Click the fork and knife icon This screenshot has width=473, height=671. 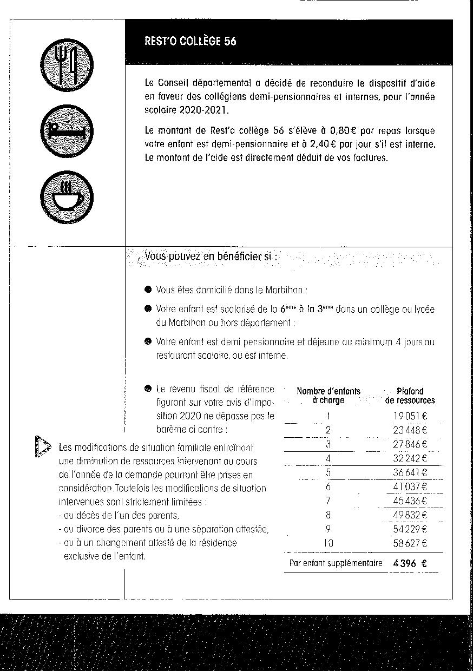pyautogui.click(x=67, y=64)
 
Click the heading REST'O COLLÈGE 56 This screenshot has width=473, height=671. pyautogui.click(x=190, y=41)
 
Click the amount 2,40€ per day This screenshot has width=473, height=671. pyautogui.click(x=324, y=145)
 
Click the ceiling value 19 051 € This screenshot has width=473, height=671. pyautogui.click(x=410, y=416)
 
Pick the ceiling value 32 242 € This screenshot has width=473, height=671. pyautogui.click(x=410, y=458)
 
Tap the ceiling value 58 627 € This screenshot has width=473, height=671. pyautogui.click(x=410, y=543)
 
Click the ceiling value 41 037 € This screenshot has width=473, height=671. pyautogui.click(x=410, y=486)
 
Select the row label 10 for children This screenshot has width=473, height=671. pyautogui.click(x=329, y=543)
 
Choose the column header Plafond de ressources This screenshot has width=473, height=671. pyautogui.click(x=410, y=396)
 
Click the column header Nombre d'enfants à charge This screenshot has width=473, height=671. pyautogui.click(x=329, y=396)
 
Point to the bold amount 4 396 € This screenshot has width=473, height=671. pyautogui.click(x=410, y=563)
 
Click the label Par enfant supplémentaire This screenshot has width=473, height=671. pyautogui.click(x=336, y=563)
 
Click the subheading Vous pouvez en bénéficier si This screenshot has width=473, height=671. pyautogui.click(x=211, y=256)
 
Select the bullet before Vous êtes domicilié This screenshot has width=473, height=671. pyautogui.click(x=148, y=290)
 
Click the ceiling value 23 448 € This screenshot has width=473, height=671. pyautogui.click(x=410, y=430)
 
